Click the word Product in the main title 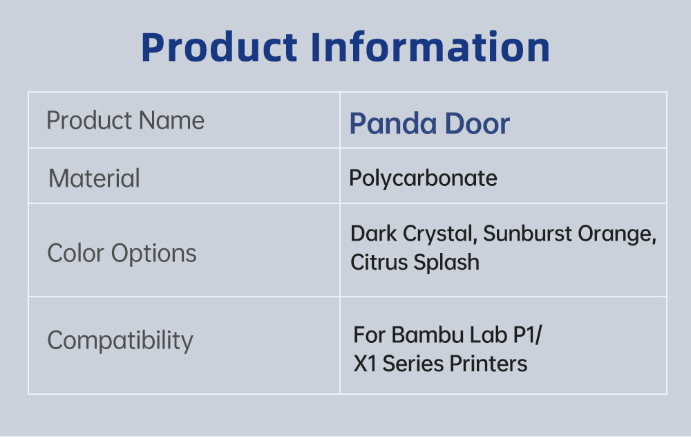coord(219,47)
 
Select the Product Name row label coord(126,120)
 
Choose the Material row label coord(94,178)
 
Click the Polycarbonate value coord(423,178)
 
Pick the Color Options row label coord(122,254)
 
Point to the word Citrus coord(379,262)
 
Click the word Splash coord(446,263)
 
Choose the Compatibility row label coord(120,341)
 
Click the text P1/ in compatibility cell coord(528,335)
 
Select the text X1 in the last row coord(365,364)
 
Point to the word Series coord(413,364)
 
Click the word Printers coord(489,364)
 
